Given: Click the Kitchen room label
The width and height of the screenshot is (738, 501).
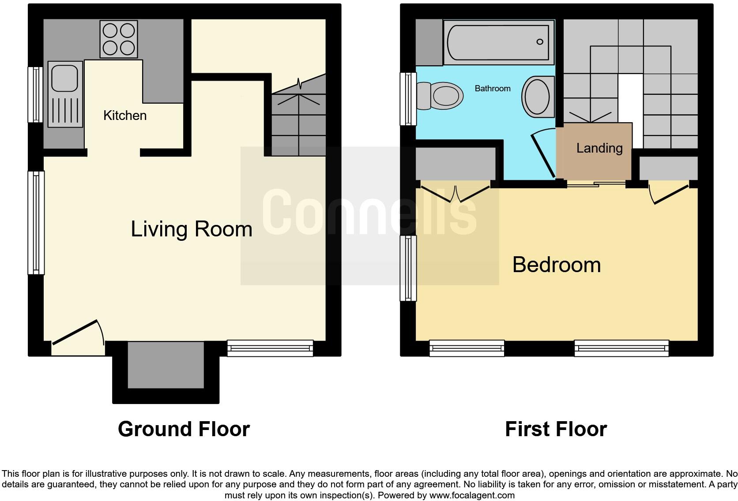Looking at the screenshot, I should point(125,116).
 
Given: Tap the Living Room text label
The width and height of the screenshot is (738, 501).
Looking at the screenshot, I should point(192,229).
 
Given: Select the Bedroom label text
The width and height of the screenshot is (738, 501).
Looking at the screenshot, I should point(557,265).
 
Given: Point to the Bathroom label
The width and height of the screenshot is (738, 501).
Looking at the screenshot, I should point(493,89).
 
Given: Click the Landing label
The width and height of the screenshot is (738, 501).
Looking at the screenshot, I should point(599,148).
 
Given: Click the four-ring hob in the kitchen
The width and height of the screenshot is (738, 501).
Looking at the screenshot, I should point(119,40).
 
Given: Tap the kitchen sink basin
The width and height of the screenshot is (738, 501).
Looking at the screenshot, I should point(65,79).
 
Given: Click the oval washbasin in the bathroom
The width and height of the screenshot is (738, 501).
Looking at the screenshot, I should point(537,96).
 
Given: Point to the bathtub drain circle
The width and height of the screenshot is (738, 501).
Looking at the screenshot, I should point(539,42).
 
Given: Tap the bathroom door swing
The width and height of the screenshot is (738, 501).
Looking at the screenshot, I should point(543,152).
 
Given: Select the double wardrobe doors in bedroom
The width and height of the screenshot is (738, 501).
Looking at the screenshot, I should point(456,193).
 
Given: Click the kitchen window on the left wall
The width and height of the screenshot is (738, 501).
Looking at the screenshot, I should point(35,94).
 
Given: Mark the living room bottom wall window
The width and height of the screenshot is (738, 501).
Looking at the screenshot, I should point(270,348).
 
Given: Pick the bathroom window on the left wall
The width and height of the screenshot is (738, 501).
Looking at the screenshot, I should point(408,99).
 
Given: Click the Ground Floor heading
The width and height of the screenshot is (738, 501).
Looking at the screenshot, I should point(184,429).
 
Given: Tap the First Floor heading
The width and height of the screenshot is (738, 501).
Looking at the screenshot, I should point(556,429).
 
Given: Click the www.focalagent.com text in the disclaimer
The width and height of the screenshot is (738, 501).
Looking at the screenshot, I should point(472,495).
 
